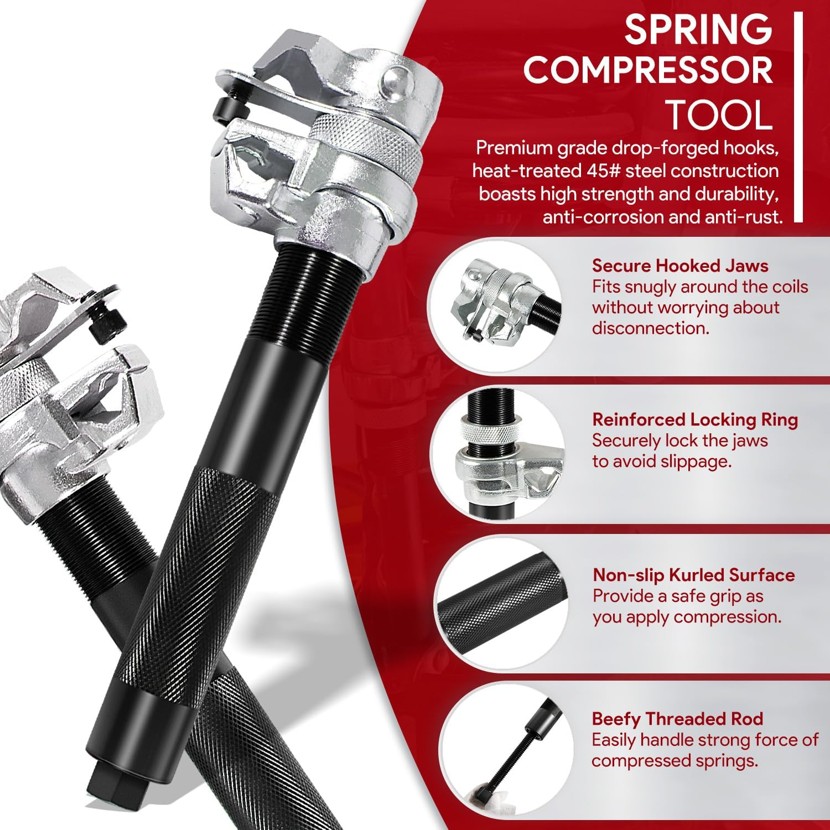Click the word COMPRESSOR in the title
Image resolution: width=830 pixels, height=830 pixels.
click(x=648, y=70)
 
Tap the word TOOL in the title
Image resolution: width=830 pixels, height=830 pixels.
click(x=718, y=115)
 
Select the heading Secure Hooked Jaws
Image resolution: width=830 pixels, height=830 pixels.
click(x=680, y=266)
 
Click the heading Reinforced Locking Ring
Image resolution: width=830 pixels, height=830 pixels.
click(x=695, y=419)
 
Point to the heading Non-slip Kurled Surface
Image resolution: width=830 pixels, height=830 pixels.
click(x=693, y=575)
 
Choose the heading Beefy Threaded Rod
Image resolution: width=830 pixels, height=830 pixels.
click(x=677, y=719)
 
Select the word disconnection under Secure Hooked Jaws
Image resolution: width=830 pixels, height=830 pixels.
click(x=650, y=328)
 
